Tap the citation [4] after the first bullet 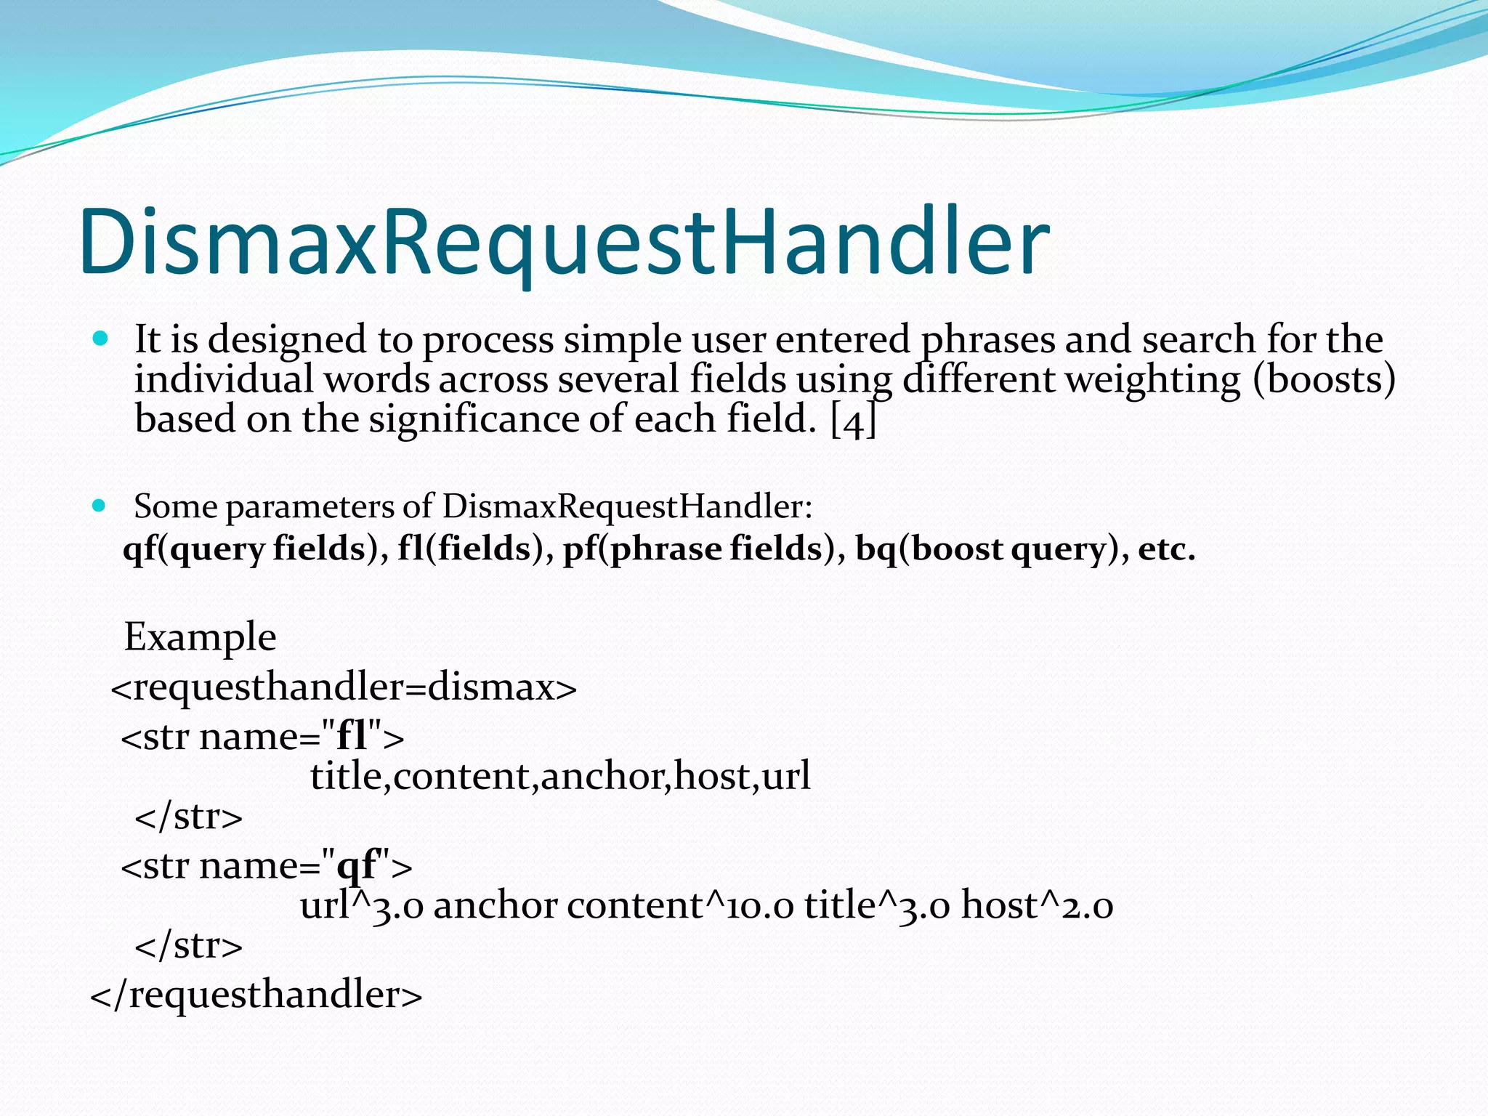(x=853, y=420)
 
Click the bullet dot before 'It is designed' (x=100, y=339)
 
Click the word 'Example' (x=200, y=637)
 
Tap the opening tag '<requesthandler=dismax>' (x=344, y=687)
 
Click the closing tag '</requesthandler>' (x=256, y=993)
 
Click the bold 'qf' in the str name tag (x=358, y=865)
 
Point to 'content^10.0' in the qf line (x=680, y=905)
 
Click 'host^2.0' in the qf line (x=1037, y=905)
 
